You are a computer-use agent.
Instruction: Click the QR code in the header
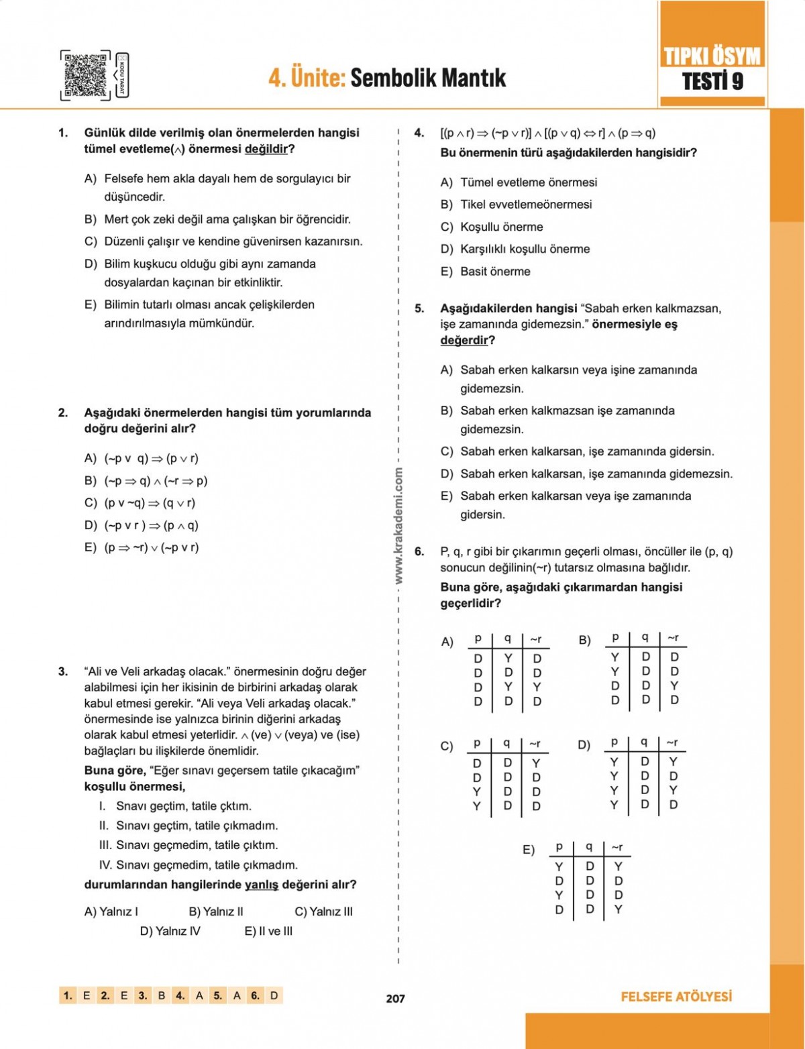[x=85, y=75]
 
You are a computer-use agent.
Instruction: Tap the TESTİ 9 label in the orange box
[x=712, y=82]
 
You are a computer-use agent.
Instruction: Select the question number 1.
[x=63, y=133]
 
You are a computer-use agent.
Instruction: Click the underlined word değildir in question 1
[x=266, y=149]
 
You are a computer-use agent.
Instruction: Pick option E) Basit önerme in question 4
[x=485, y=272]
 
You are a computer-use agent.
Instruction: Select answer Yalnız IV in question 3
[x=170, y=931]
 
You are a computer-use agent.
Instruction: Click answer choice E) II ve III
[x=269, y=931]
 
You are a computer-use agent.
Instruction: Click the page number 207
[x=396, y=998]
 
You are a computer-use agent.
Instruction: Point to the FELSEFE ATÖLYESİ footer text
[x=676, y=997]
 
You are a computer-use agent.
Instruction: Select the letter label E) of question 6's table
[x=529, y=850]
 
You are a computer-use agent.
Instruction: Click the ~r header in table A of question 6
[x=536, y=639]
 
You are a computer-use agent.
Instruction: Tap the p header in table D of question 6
[x=614, y=742]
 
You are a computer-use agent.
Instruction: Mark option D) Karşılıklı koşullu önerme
[x=515, y=249]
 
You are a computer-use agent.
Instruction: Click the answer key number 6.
[x=255, y=996]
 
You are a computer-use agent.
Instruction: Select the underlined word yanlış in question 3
[x=261, y=885]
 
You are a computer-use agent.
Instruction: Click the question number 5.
[x=419, y=309]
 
